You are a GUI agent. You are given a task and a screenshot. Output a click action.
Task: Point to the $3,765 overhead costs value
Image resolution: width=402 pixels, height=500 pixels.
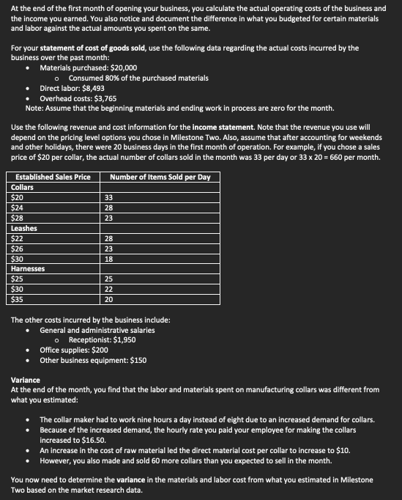[103, 97]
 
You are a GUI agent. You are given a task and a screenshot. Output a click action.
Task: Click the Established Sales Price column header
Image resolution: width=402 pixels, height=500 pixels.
[52, 177]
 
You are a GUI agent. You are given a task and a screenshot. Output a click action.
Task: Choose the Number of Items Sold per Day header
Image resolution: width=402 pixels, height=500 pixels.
[160, 177]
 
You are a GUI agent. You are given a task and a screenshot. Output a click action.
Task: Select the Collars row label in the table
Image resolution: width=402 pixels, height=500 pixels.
[23, 188]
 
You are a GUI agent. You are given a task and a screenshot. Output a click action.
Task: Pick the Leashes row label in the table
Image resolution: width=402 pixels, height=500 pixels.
[24, 228]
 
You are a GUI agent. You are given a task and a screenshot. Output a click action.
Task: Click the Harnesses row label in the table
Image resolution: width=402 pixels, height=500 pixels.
[28, 269]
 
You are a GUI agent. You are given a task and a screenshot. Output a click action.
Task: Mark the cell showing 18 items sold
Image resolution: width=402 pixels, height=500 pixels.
[108, 259]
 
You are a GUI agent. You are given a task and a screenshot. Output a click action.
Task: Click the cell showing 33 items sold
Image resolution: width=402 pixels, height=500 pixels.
[108, 198]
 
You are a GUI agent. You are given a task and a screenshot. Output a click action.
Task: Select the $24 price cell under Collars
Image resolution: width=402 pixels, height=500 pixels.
[18, 208]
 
